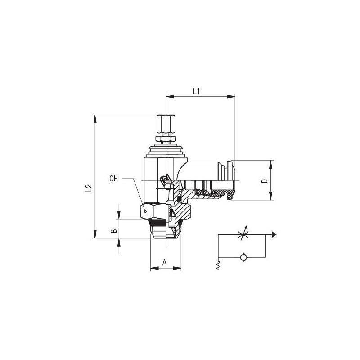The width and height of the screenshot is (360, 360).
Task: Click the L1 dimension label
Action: click(x=196, y=91)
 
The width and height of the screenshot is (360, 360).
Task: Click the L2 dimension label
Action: click(x=89, y=188)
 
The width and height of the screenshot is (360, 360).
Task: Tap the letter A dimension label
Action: click(x=164, y=262)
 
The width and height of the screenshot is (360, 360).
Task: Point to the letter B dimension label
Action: click(x=114, y=231)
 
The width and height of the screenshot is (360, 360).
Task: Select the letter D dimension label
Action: click(x=265, y=181)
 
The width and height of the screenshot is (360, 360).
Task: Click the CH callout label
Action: click(x=113, y=178)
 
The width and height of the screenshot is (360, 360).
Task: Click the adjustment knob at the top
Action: click(x=166, y=124)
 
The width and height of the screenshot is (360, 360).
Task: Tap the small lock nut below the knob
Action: click(x=166, y=139)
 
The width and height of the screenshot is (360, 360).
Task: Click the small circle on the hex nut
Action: click(x=145, y=211)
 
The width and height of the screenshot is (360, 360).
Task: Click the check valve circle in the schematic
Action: click(x=243, y=257)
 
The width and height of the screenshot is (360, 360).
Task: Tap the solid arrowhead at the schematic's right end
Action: click(x=274, y=234)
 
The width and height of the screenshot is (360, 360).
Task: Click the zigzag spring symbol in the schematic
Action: click(x=218, y=265)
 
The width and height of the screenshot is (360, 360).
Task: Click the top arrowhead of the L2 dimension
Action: click(x=95, y=119)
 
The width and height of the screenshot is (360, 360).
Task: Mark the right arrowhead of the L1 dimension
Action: click(x=231, y=96)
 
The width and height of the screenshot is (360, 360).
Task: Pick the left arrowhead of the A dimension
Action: click(x=154, y=268)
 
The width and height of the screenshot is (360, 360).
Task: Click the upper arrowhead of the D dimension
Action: click(x=271, y=165)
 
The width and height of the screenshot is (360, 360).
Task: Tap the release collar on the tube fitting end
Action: click(x=231, y=180)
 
